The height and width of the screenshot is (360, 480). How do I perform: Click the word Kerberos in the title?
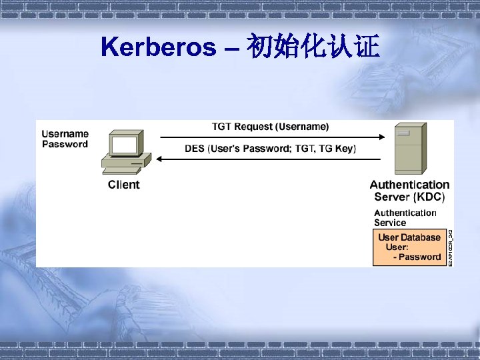tap(159, 47)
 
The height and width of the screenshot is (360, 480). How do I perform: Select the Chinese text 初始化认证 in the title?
tap(313, 47)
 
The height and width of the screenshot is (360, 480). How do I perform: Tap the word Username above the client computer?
tap(65, 134)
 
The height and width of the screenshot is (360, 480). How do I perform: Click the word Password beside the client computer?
tap(65, 144)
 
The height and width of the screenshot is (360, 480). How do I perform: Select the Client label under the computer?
tap(124, 185)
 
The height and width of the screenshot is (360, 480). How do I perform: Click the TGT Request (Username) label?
tap(270, 126)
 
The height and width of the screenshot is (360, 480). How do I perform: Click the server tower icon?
tap(408, 149)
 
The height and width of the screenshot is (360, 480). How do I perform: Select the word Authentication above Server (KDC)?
tap(409, 185)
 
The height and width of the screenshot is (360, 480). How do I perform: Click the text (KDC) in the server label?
tap(429, 197)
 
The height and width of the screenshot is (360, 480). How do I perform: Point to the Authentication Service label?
tap(404, 217)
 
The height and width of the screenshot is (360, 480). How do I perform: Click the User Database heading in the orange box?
tap(409, 237)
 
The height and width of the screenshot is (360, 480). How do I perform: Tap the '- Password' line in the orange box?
tap(417, 257)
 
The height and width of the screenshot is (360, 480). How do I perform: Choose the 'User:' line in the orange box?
tap(397, 247)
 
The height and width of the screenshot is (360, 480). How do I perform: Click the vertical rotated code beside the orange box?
tap(450, 248)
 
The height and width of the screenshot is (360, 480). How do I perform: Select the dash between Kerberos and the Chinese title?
tap(231, 48)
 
